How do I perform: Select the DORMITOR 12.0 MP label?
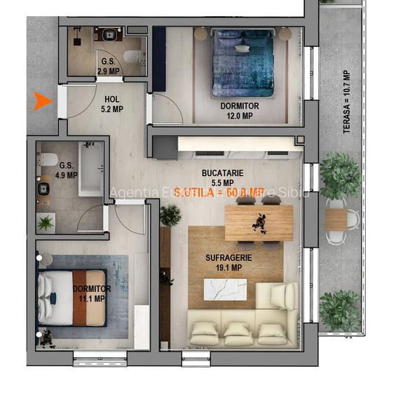point(239,111)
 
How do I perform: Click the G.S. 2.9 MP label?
point(108,67)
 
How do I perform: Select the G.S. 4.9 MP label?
point(68,171)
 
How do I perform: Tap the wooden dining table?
point(259,222)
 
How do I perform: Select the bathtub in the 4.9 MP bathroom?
point(90,169)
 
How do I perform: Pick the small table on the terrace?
point(337,220)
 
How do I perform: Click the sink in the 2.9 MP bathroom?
point(109,34)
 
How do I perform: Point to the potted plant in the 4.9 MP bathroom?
point(46,223)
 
